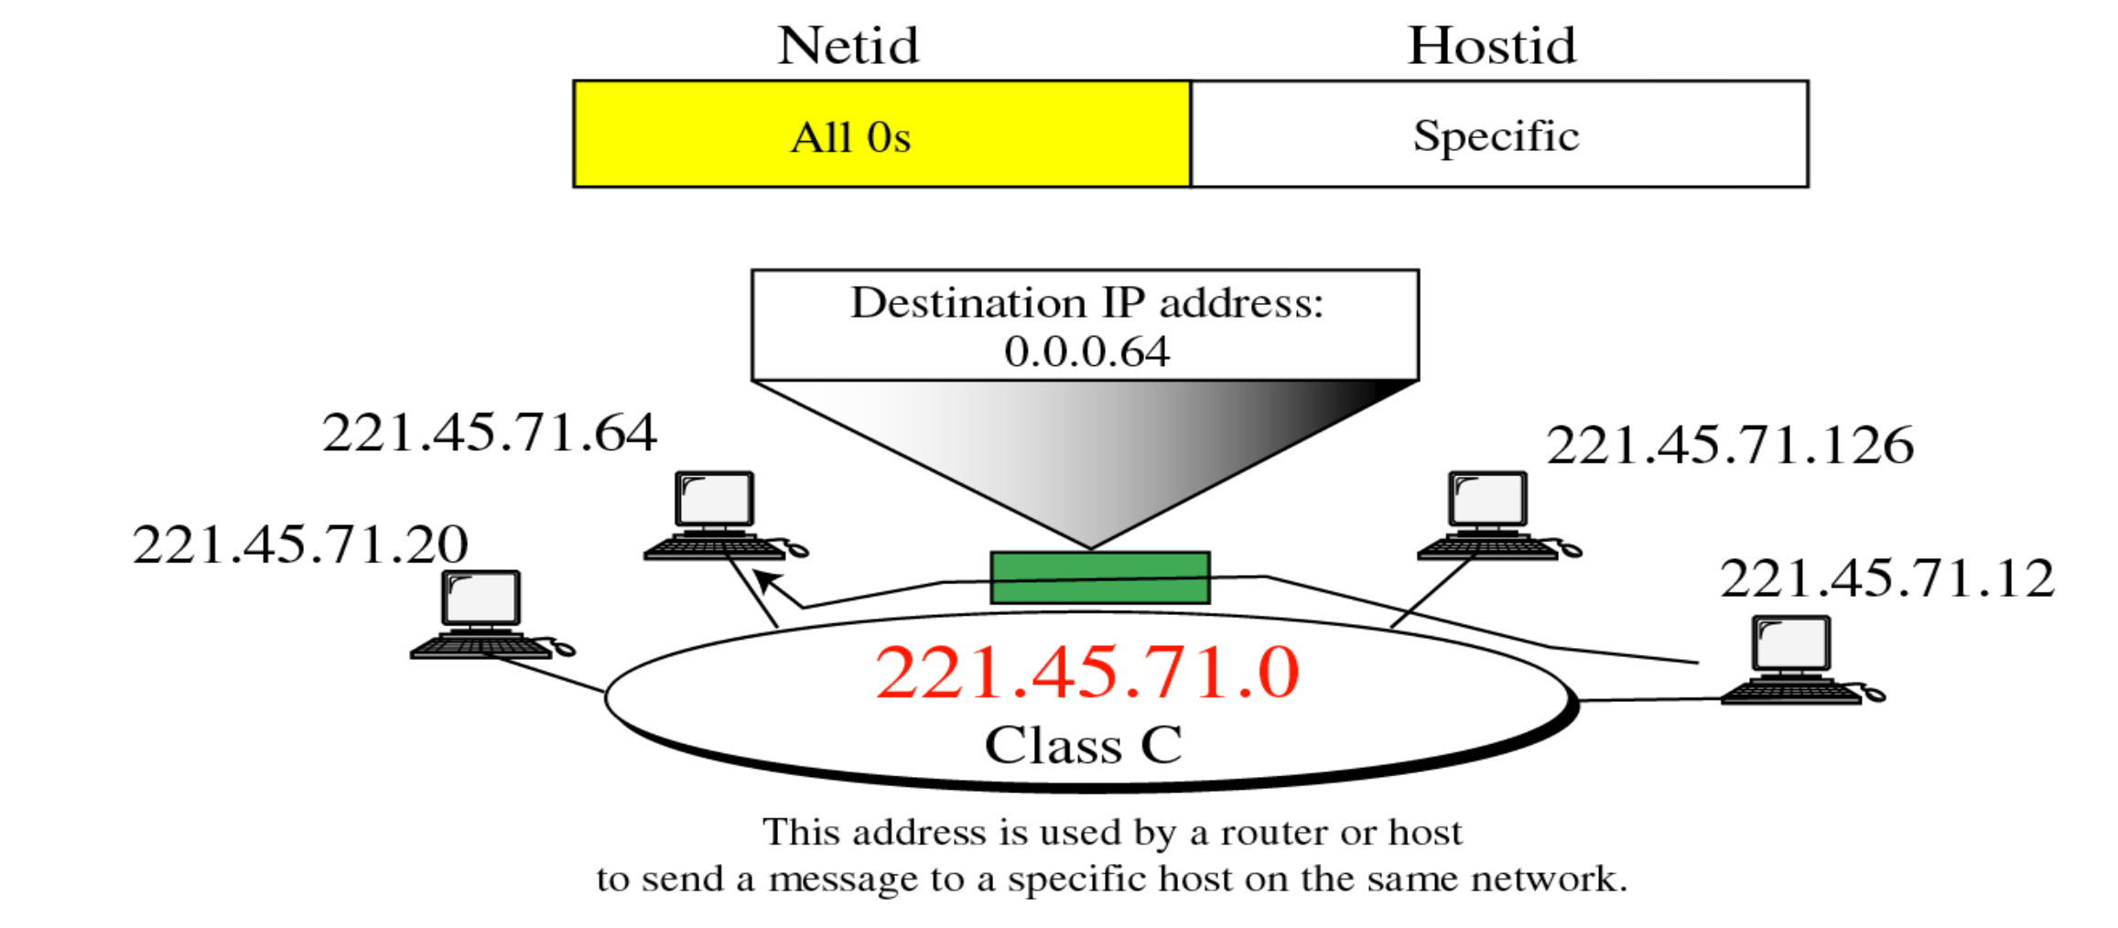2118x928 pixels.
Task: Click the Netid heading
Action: tap(848, 46)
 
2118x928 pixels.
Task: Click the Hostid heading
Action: tap(1491, 46)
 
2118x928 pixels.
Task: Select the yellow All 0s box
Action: tap(881, 135)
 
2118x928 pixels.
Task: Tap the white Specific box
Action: tap(1498, 135)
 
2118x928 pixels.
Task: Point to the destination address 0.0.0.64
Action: tap(1086, 352)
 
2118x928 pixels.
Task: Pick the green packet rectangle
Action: tap(1099, 577)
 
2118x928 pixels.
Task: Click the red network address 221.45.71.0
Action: tap(1086, 673)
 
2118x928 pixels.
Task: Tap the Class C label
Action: tap(1083, 745)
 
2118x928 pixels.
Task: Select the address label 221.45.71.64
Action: tap(489, 433)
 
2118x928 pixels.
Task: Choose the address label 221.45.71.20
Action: tap(300, 545)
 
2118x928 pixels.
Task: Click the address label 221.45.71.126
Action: tap(1729, 446)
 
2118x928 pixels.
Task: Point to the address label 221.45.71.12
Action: tap(1886, 578)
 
